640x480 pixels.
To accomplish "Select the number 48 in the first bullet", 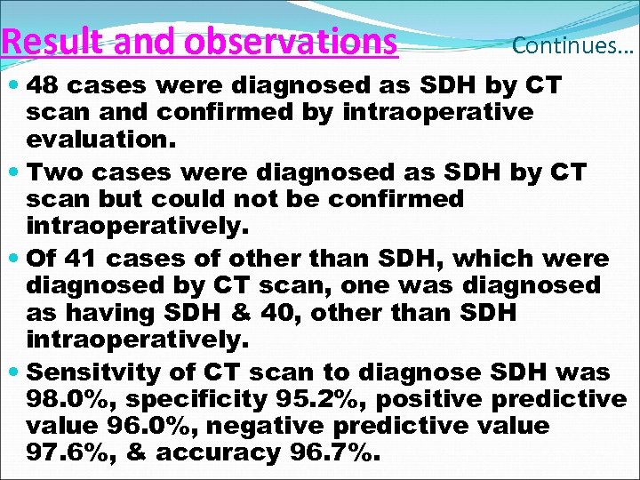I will point(44,86).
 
